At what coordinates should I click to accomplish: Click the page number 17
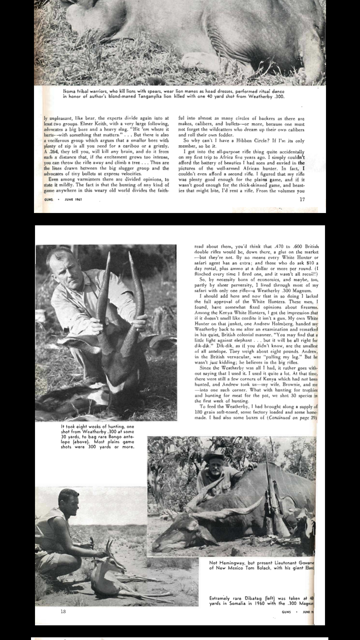tap(302, 199)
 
